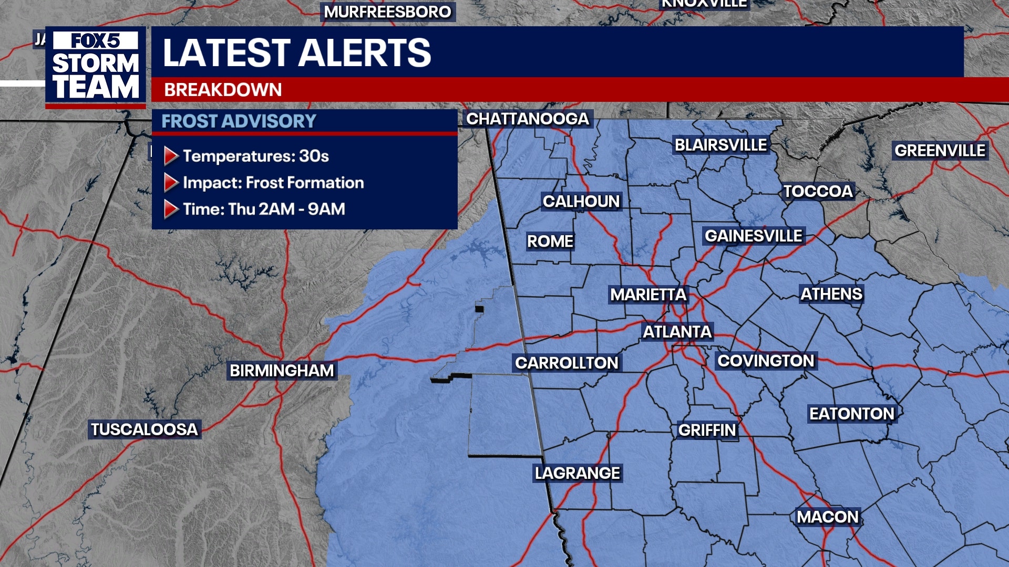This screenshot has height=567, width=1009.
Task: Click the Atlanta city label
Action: point(677,332)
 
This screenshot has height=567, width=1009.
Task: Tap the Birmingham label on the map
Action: point(282,371)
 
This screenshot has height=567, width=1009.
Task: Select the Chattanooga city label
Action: point(528,119)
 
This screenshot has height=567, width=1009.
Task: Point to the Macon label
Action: point(827,517)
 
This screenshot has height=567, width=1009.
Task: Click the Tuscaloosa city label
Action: point(145,429)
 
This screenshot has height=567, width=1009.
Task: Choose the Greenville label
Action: point(940,151)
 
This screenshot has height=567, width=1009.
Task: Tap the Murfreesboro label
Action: point(387,12)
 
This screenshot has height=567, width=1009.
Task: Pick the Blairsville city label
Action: point(720,145)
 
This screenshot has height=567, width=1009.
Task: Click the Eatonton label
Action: point(851,414)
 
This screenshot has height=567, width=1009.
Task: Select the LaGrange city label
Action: point(578,473)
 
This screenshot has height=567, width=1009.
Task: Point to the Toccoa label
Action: point(818,192)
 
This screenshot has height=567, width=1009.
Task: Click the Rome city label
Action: point(550,241)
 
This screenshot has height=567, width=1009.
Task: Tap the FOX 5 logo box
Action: point(96,41)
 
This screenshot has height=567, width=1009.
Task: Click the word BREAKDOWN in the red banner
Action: point(223,90)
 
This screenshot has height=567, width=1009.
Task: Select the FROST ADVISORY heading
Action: point(239,121)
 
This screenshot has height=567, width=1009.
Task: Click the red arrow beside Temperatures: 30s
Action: point(171,156)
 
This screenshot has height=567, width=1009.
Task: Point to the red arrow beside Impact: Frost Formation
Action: point(171,183)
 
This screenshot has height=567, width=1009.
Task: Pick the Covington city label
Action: point(766,361)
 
